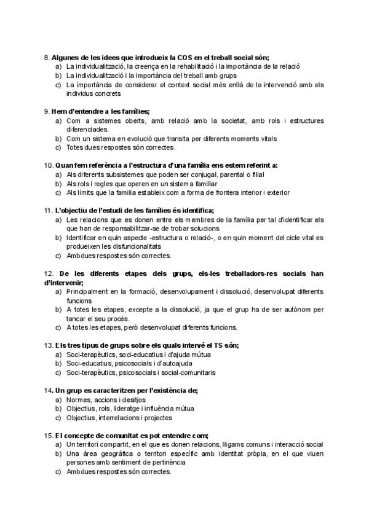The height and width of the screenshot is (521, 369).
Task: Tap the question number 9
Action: pyautogui.click(x=47, y=111)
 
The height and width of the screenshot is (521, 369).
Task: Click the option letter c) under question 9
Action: pyautogui.click(x=58, y=147)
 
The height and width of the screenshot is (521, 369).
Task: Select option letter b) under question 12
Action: pyautogui.click(x=58, y=310)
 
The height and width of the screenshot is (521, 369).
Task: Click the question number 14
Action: pyautogui.click(x=48, y=390)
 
